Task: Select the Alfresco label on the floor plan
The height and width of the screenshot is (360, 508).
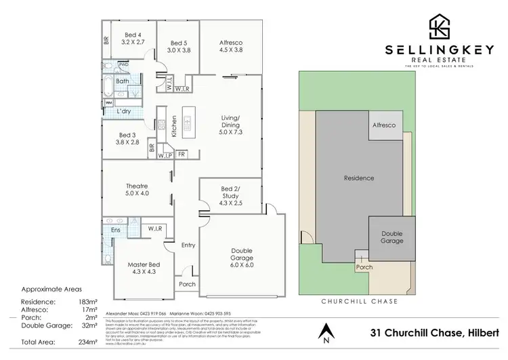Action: [231, 45]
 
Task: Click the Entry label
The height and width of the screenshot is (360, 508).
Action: [188, 245]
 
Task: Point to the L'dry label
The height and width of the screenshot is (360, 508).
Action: [124, 111]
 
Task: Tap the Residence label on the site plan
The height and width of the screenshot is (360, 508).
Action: [358, 178]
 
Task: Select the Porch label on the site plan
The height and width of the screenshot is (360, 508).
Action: [364, 266]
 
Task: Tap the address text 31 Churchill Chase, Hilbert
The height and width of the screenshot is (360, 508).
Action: [433, 334]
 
